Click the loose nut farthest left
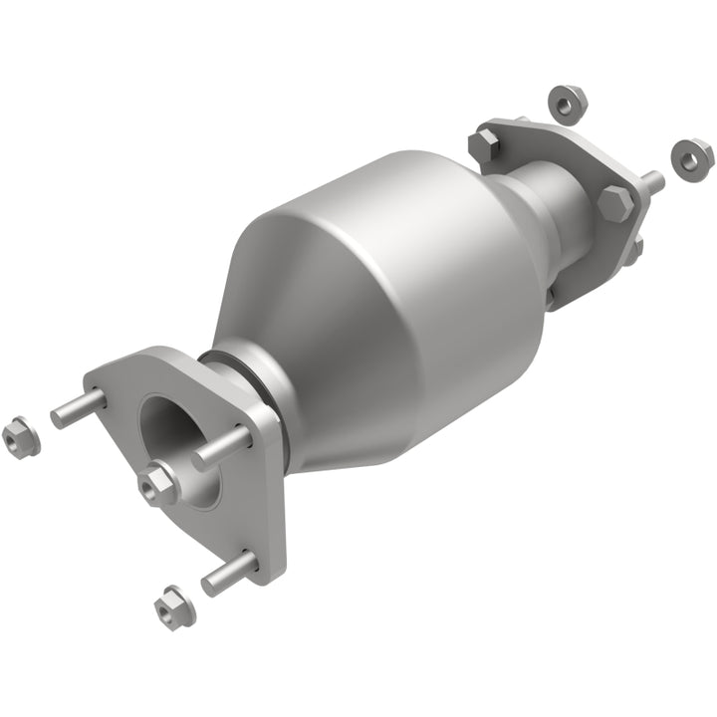21,438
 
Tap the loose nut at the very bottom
174,604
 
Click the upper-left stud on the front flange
78,408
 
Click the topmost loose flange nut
566,103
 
